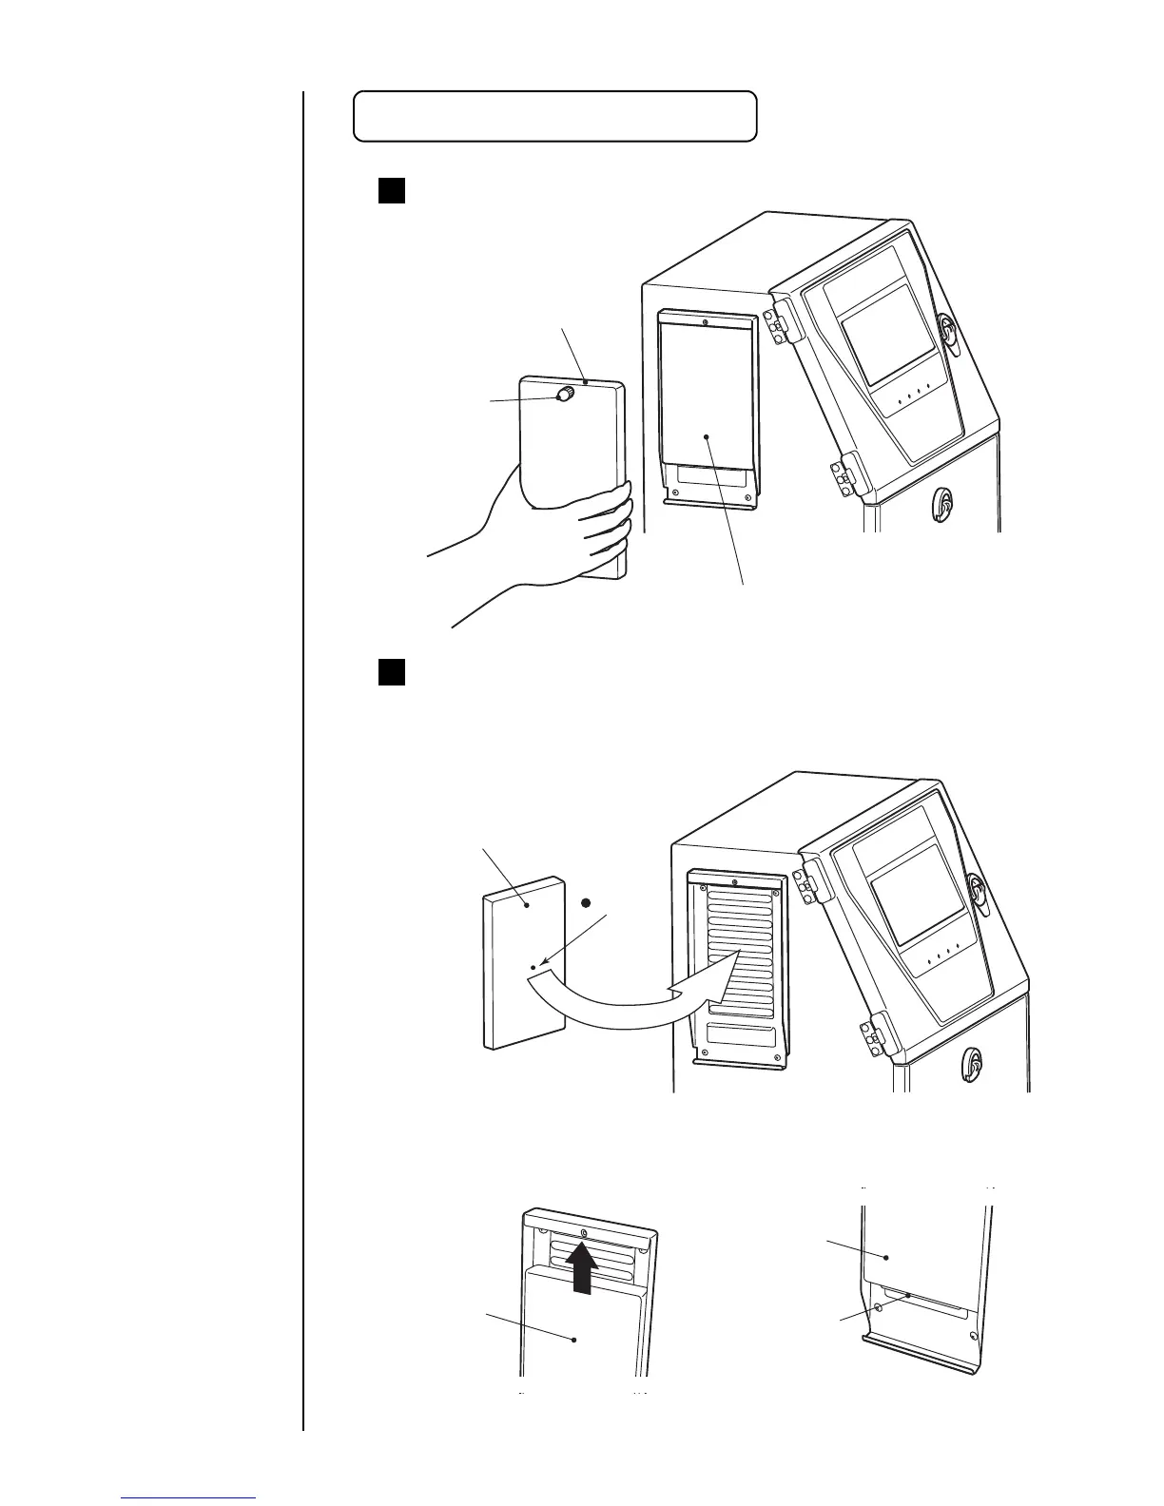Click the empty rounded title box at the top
point(554,116)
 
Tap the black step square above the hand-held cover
point(392,190)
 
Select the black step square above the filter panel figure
point(392,672)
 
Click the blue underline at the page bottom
point(188,1499)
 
